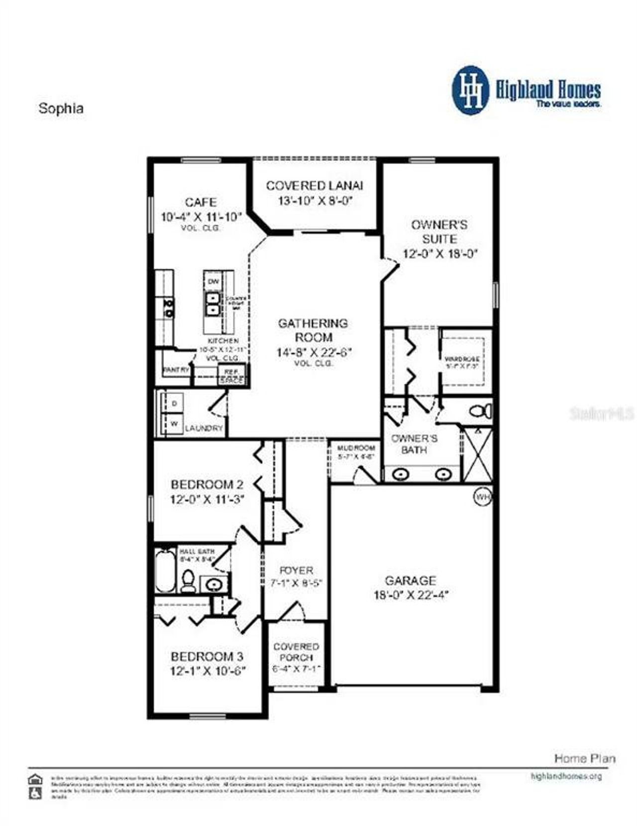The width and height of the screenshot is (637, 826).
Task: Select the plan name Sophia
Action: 61,109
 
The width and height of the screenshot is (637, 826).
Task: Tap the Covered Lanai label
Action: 315,186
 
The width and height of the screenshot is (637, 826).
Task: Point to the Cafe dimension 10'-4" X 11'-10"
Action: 201,217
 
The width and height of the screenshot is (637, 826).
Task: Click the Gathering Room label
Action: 313,330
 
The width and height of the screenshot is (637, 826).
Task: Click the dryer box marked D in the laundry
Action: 174,404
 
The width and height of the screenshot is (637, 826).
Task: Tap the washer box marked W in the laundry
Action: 174,424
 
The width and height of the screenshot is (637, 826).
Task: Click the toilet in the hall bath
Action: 188,580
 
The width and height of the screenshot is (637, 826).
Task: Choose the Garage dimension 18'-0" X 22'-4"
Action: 411,595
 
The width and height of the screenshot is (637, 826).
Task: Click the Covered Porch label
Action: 296,652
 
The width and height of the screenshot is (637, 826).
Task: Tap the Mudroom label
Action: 356,448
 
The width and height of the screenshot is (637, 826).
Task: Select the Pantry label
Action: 176,370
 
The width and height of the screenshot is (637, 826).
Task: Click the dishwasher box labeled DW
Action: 213,282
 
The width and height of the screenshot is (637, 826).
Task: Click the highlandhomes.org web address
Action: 566,776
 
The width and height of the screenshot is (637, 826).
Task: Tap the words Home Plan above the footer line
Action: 585,759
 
